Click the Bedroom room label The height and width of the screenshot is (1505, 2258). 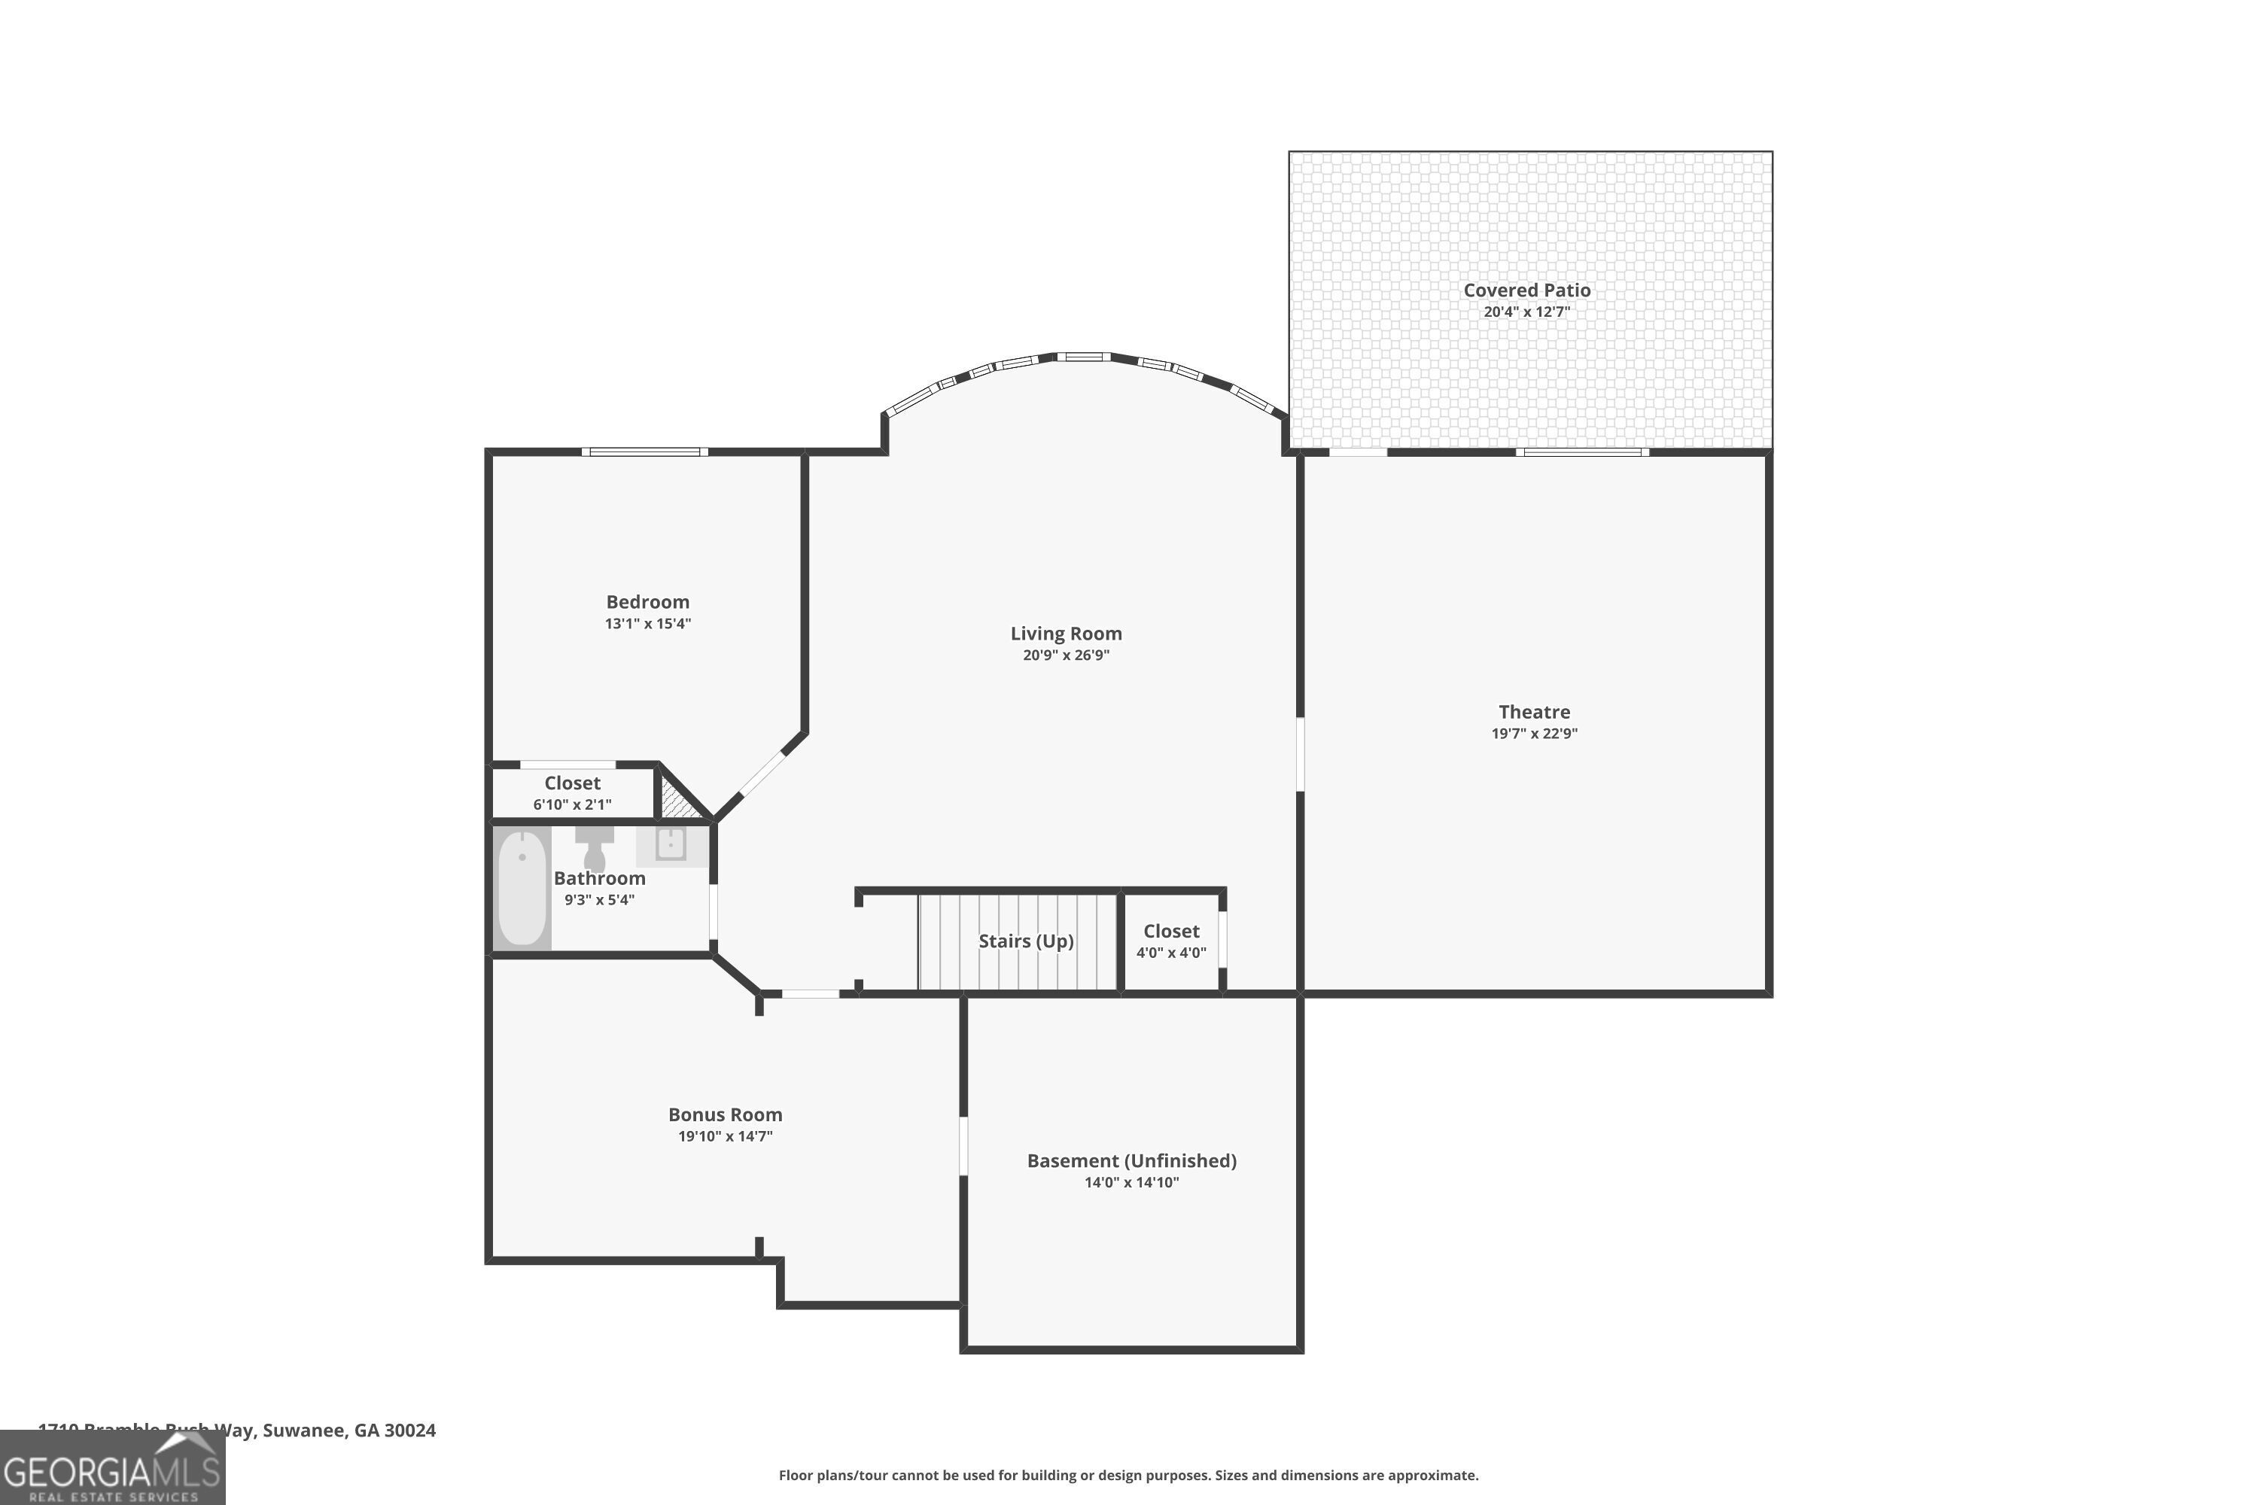coord(647,602)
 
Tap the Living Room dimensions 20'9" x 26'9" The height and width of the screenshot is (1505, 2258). coord(1066,655)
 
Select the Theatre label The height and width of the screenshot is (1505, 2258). coord(1534,711)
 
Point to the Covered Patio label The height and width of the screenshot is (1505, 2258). coord(1526,290)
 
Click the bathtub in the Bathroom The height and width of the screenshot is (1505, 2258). coord(522,889)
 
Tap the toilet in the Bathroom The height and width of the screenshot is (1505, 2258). coord(595,847)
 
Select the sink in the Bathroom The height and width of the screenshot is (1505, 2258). coord(670,844)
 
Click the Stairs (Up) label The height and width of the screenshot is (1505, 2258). coord(1025,941)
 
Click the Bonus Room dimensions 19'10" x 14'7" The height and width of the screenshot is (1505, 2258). coord(725,1136)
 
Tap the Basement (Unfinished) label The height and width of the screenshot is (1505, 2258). coord(1131,1160)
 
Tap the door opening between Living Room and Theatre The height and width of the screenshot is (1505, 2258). coord(1300,755)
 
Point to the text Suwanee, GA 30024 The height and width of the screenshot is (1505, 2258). coord(349,1431)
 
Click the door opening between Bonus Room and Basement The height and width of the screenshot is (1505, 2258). coord(963,1145)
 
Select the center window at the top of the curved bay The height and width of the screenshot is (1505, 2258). coord(1084,357)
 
